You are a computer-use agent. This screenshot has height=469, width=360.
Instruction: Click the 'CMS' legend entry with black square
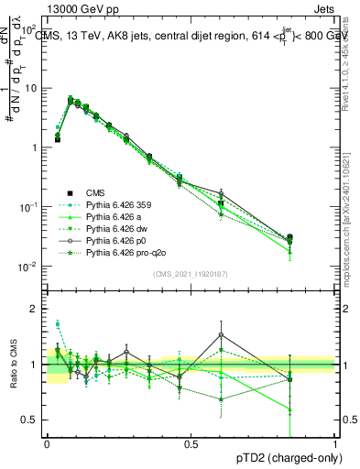tap(96, 192)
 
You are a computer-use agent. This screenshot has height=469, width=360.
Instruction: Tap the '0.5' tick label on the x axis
tap(191, 443)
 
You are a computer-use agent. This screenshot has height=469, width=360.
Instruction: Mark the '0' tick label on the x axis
tap(47, 443)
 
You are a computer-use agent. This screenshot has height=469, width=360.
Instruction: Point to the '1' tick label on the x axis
tap(334, 443)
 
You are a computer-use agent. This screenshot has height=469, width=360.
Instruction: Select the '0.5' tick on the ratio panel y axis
tap(32, 420)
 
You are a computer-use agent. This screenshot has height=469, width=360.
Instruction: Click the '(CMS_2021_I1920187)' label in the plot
tap(191, 274)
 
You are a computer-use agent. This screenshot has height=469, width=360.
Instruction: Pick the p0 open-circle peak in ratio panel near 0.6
tap(221, 335)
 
